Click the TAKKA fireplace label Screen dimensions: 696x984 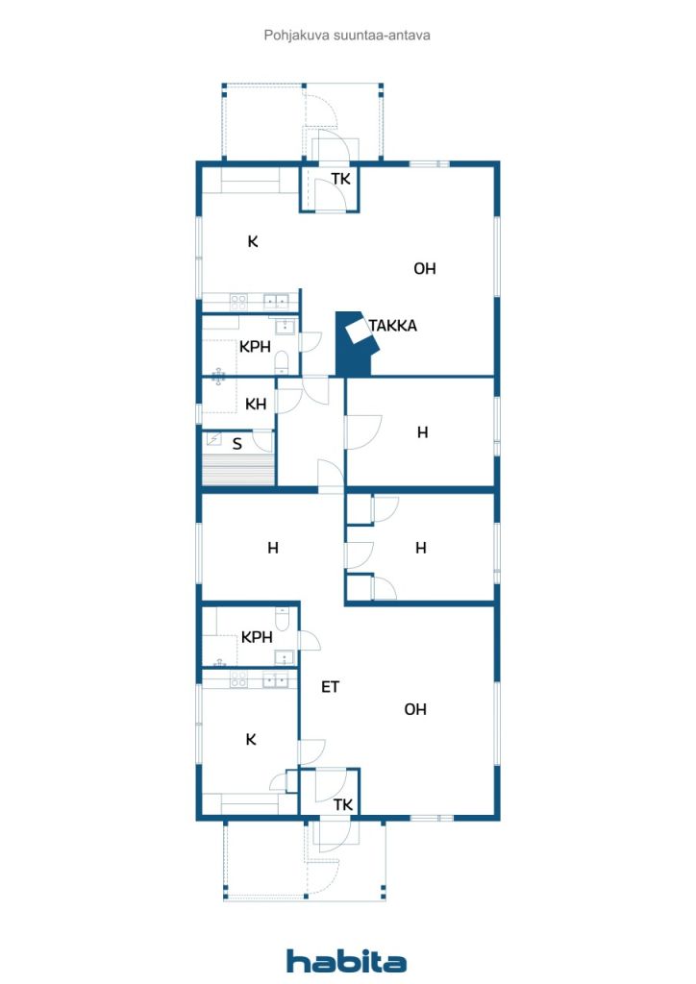point(393,326)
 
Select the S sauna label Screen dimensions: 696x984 point(236,444)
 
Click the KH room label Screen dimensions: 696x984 point(256,405)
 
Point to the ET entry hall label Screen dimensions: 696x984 point(330,687)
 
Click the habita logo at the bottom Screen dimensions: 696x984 point(346,960)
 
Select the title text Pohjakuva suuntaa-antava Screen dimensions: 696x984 point(347,36)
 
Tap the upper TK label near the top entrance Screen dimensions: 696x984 point(341,180)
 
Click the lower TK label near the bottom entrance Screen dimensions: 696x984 point(342,805)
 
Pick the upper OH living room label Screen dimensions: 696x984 point(424,269)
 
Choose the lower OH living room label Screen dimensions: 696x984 point(415,710)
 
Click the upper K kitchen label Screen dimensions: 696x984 point(253,241)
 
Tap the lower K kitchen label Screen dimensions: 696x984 point(251,740)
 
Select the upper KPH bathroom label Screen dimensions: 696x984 point(255,346)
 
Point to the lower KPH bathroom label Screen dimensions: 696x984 point(257,638)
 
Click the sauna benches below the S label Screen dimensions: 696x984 point(239,468)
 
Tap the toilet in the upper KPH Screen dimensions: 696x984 point(282,361)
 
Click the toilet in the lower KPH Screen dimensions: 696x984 point(282,619)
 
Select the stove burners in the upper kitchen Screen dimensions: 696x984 point(238,303)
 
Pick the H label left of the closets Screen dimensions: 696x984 point(273,549)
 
